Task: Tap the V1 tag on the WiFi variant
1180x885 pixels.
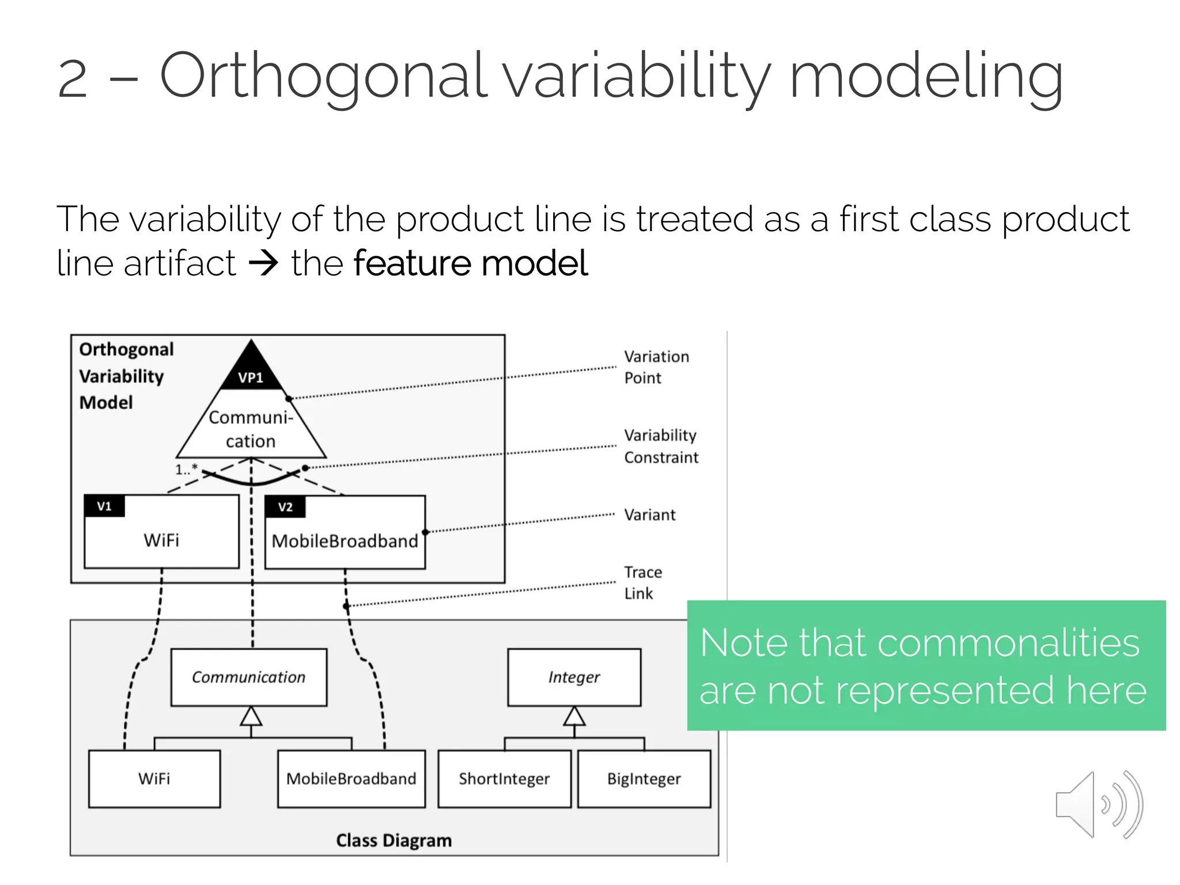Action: point(104,506)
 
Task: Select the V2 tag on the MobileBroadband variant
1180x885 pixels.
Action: point(285,507)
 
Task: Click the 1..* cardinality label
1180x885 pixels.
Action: point(186,469)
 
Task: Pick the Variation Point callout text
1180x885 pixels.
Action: point(656,367)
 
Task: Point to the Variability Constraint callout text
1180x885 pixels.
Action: point(660,446)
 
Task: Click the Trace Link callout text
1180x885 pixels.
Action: point(642,583)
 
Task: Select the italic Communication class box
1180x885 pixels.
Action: point(249,677)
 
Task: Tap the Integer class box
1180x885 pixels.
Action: point(574,677)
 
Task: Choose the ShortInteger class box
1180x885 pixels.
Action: point(504,778)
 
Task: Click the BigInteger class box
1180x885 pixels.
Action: point(644,778)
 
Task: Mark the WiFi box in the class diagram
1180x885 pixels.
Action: point(154,778)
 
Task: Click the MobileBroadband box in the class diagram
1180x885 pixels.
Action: point(351,778)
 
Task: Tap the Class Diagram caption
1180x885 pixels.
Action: point(394,840)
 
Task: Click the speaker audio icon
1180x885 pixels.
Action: point(1098,804)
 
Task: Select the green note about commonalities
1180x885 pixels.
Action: point(925,665)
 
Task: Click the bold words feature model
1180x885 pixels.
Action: point(470,263)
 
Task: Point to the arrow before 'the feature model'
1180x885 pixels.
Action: point(263,264)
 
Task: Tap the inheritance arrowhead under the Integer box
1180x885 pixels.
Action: point(574,716)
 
